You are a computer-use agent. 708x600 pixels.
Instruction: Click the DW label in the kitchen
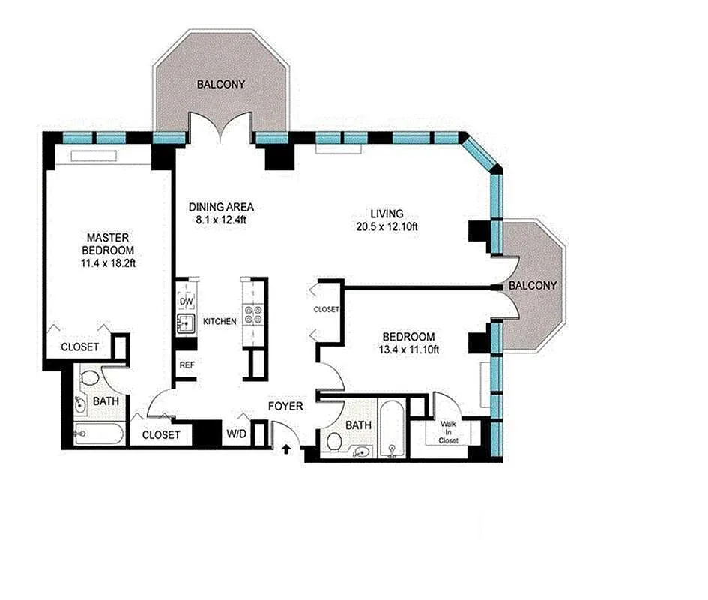click(x=186, y=301)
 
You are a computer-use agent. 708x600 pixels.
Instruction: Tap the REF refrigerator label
click(x=187, y=365)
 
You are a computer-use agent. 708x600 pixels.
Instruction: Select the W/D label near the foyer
click(x=235, y=433)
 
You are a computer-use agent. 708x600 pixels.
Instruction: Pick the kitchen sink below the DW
click(x=185, y=323)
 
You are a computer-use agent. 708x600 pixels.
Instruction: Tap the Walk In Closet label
click(x=449, y=432)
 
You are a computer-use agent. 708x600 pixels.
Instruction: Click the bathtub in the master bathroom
click(x=100, y=433)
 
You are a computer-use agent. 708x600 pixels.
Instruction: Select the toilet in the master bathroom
click(x=90, y=379)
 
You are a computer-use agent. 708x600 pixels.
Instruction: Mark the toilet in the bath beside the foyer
click(x=334, y=442)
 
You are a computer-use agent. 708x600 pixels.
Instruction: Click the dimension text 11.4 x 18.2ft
click(x=109, y=262)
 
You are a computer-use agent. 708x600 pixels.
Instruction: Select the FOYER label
click(x=285, y=406)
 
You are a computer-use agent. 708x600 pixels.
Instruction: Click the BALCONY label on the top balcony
click(x=220, y=85)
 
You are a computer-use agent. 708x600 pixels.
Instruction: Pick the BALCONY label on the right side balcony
click(x=532, y=286)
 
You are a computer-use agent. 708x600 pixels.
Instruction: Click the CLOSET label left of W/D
click(x=161, y=434)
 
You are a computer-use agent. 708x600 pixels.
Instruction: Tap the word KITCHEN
click(x=219, y=321)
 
